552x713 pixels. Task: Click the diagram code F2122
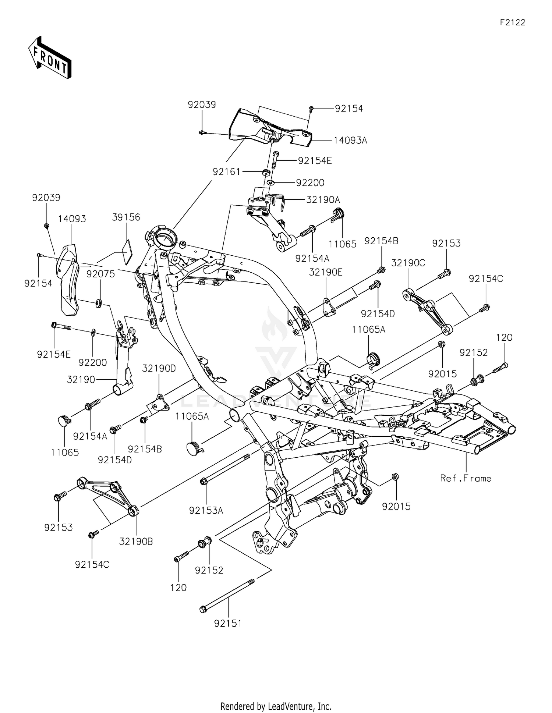coord(512,22)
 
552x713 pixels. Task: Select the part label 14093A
coord(350,140)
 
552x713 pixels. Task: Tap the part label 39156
coord(126,217)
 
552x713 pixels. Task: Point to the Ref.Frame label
coord(466,478)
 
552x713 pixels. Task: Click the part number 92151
coord(228,623)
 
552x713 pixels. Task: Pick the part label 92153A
coord(206,510)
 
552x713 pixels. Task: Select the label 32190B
coord(136,542)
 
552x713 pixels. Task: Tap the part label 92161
coord(226,172)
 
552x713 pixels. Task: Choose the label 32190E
coord(326,272)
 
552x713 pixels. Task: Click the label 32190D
coord(159,368)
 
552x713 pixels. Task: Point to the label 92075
coord(100,274)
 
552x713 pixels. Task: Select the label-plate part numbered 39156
coord(126,252)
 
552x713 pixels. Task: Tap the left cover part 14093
coord(69,280)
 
